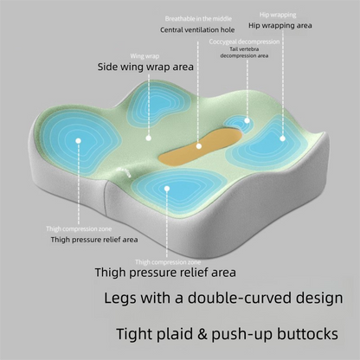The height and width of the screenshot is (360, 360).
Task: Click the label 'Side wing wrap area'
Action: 145,67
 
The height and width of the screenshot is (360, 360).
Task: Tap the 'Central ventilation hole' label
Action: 197,29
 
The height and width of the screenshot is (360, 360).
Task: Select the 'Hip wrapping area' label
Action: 280,26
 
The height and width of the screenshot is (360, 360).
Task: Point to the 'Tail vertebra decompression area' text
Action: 244,53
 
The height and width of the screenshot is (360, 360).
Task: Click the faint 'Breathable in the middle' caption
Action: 198,19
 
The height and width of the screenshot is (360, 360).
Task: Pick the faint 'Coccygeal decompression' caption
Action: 244,42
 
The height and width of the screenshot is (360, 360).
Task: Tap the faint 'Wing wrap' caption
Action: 145,56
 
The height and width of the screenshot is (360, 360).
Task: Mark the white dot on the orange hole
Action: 199,146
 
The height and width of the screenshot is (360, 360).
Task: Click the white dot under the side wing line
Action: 149,138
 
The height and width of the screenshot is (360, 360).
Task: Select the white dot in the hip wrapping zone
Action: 282,138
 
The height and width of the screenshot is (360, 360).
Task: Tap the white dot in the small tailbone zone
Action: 247,120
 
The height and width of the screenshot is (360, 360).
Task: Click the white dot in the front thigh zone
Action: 167,189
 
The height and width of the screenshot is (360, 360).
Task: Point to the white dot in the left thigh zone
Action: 78,141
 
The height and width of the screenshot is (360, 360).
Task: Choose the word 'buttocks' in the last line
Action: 307,334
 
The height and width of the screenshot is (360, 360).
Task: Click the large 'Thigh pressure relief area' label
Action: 165,273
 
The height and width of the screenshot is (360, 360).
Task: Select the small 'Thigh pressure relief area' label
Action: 94,240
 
